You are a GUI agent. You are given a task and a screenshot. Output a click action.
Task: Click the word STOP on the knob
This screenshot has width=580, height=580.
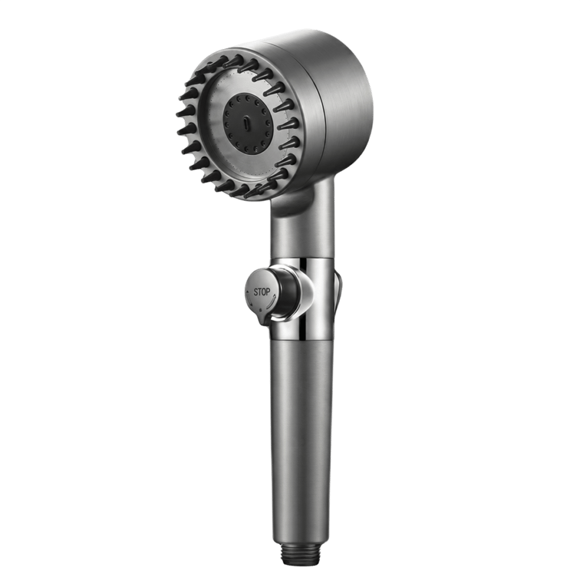tap(262, 292)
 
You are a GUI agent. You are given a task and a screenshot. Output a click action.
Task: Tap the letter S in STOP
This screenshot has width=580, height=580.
tap(255, 292)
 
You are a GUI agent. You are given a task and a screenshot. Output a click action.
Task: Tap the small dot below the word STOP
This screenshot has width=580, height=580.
tap(261, 310)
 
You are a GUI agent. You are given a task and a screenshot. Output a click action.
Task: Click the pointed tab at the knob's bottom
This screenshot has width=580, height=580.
tap(264, 321)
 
